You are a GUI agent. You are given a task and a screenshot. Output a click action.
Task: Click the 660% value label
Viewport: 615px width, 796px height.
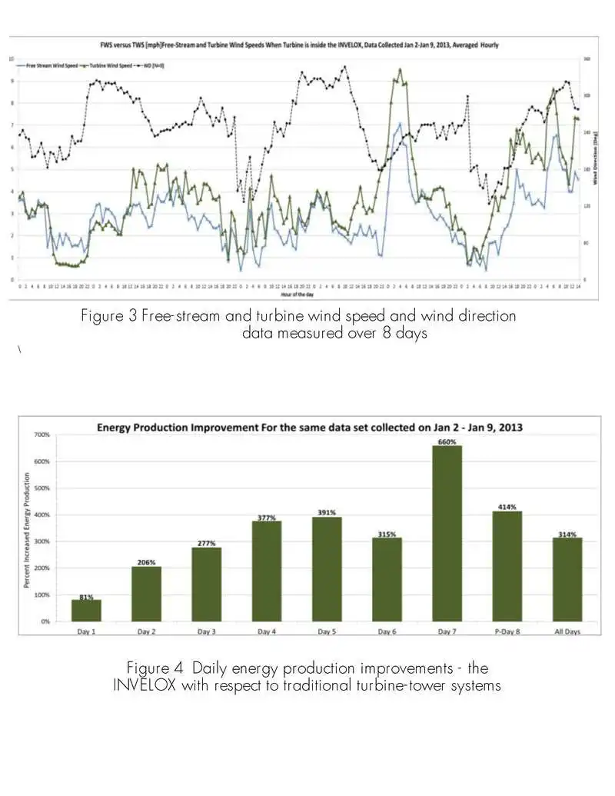tap(447, 441)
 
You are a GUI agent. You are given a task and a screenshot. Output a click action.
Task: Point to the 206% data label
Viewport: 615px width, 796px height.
tap(146, 562)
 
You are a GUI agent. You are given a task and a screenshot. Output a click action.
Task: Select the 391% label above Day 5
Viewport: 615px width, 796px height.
tap(327, 512)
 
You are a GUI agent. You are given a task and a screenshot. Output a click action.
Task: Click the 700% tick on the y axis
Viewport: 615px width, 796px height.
tap(41, 435)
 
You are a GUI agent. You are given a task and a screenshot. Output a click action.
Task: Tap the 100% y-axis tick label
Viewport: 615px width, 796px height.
tap(41, 595)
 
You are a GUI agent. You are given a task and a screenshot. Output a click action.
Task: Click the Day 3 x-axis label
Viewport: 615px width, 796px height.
tap(206, 631)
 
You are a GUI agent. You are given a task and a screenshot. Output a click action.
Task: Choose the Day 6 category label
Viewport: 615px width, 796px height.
tap(387, 631)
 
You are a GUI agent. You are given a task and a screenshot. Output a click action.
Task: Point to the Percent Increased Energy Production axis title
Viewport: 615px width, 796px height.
tap(27, 531)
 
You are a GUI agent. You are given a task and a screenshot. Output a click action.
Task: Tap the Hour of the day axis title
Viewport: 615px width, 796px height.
tap(297, 293)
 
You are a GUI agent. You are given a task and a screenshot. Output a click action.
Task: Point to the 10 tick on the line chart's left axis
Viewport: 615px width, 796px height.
tap(11, 59)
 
